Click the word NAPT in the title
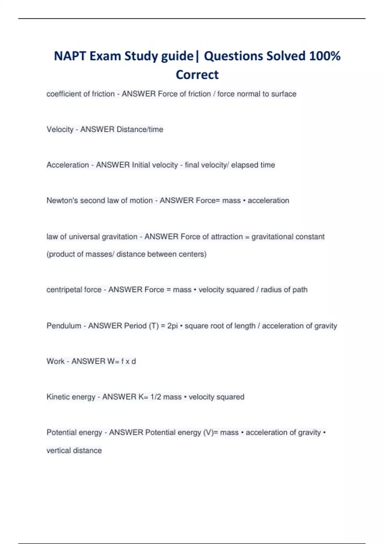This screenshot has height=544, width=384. pos(70,56)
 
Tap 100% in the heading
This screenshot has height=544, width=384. pos(324,56)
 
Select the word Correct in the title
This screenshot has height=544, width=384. pos(197,75)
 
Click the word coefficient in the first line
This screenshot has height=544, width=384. pos(64,94)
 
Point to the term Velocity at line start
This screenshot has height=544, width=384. pos(60,130)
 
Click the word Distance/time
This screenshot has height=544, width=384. pos(140,130)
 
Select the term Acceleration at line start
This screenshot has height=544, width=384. pos(68,165)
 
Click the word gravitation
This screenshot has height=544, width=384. pos(119,237)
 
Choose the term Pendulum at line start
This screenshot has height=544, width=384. pos(64,326)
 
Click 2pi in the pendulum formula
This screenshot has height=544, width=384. pos(172,326)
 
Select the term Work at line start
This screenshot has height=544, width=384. pos(55,362)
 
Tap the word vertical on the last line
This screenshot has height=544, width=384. pos(59,451)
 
